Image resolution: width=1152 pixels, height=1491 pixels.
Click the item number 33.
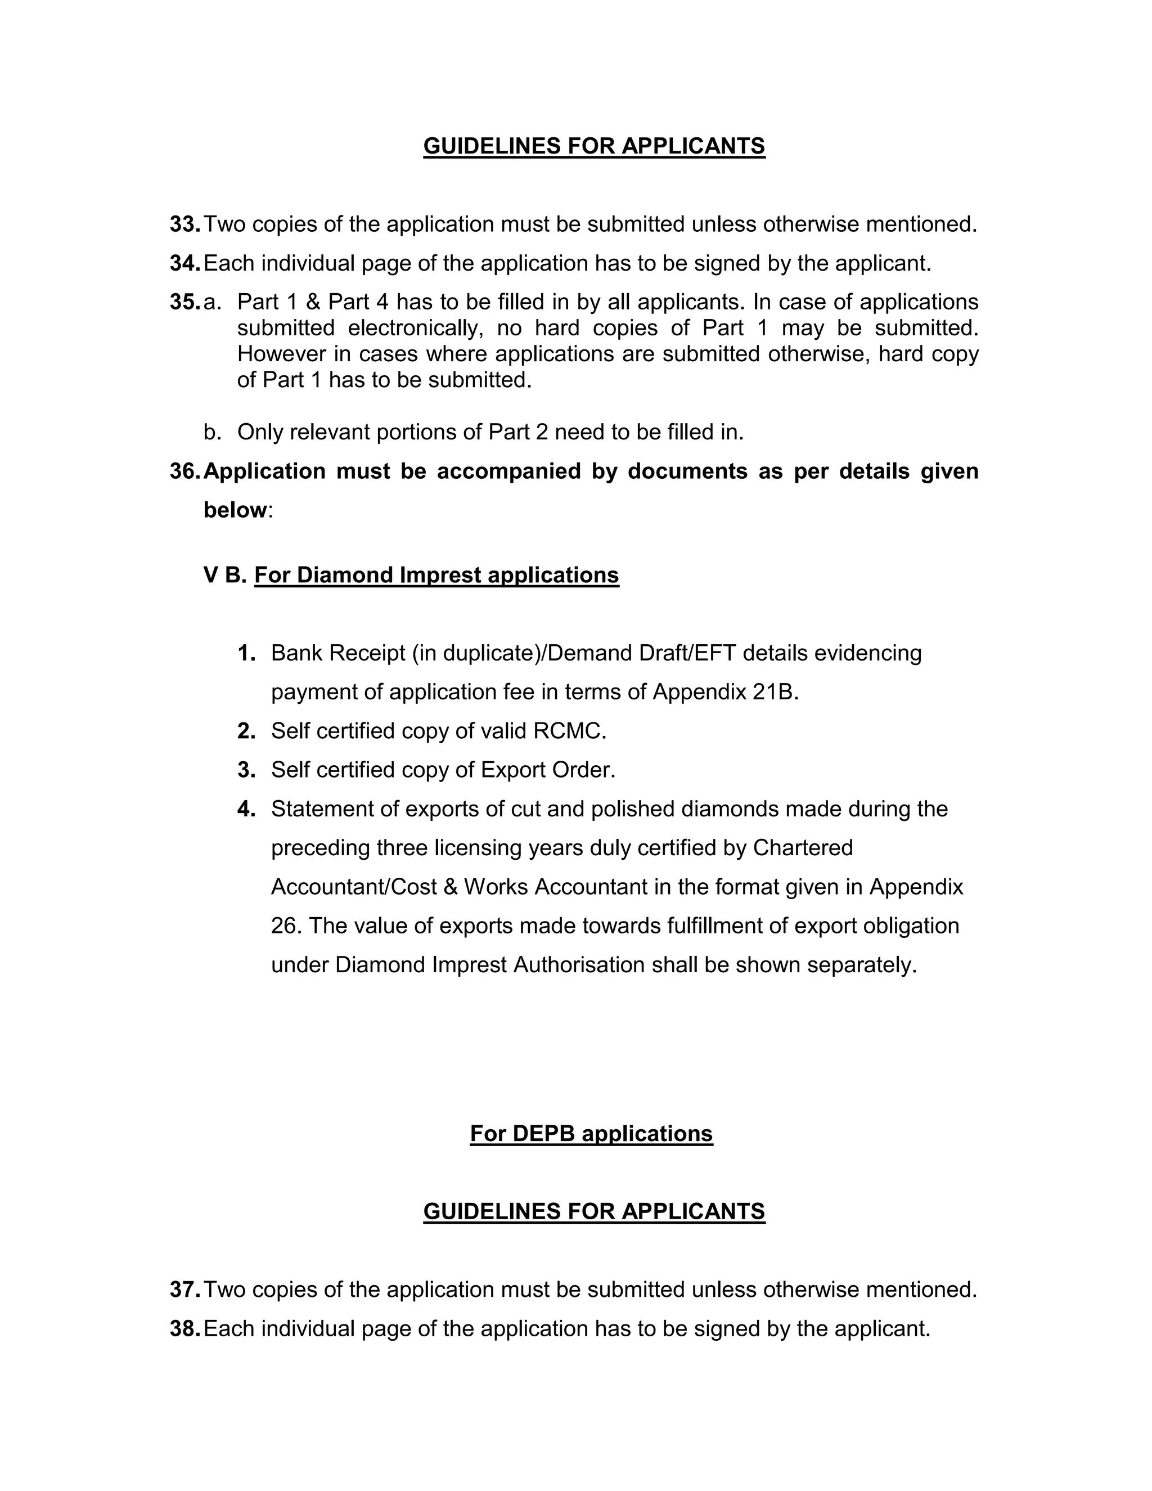click(x=184, y=224)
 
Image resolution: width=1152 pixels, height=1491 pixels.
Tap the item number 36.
click(x=184, y=471)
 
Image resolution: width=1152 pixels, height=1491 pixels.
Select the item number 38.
click(x=184, y=1328)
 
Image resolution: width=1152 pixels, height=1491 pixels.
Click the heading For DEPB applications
click(x=591, y=1134)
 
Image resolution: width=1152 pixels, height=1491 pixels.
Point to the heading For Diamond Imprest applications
click(x=436, y=575)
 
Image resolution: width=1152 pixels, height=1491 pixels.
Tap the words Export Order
click(x=547, y=770)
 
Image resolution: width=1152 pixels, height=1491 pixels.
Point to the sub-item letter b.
click(x=211, y=432)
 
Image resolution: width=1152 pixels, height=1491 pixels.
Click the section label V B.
click(x=224, y=575)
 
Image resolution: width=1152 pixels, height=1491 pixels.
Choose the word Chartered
click(x=803, y=848)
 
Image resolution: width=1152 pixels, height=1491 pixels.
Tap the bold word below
click(x=234, y=510)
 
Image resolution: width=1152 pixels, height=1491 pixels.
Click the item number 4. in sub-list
click(x=246, y=809)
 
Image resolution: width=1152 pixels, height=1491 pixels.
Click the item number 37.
click(x=184, y=1290)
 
